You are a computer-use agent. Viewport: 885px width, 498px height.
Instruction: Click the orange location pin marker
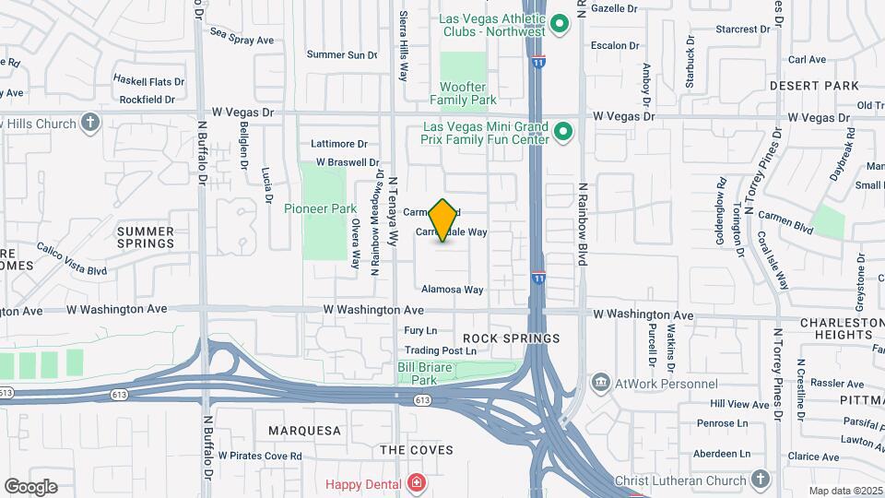[443, 220]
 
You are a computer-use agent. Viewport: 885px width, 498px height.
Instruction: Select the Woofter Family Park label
[464, 93]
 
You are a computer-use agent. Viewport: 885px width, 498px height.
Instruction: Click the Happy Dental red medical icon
[417, 482]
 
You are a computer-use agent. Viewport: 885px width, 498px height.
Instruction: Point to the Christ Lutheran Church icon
[760, 480]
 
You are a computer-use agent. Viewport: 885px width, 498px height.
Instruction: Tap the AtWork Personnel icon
[601, 383]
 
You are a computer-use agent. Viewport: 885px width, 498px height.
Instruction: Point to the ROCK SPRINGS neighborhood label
[512, 338]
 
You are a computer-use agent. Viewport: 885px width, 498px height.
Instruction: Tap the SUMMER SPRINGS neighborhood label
[147, 238]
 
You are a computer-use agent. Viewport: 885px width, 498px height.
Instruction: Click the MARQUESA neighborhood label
[304, 431]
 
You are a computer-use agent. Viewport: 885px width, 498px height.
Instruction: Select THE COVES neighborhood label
[417, 450]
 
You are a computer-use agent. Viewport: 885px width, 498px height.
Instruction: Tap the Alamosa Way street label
[453, 290]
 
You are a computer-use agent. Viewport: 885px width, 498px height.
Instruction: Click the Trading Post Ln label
[441, 350]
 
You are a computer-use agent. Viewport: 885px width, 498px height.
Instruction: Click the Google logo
[30, 486]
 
